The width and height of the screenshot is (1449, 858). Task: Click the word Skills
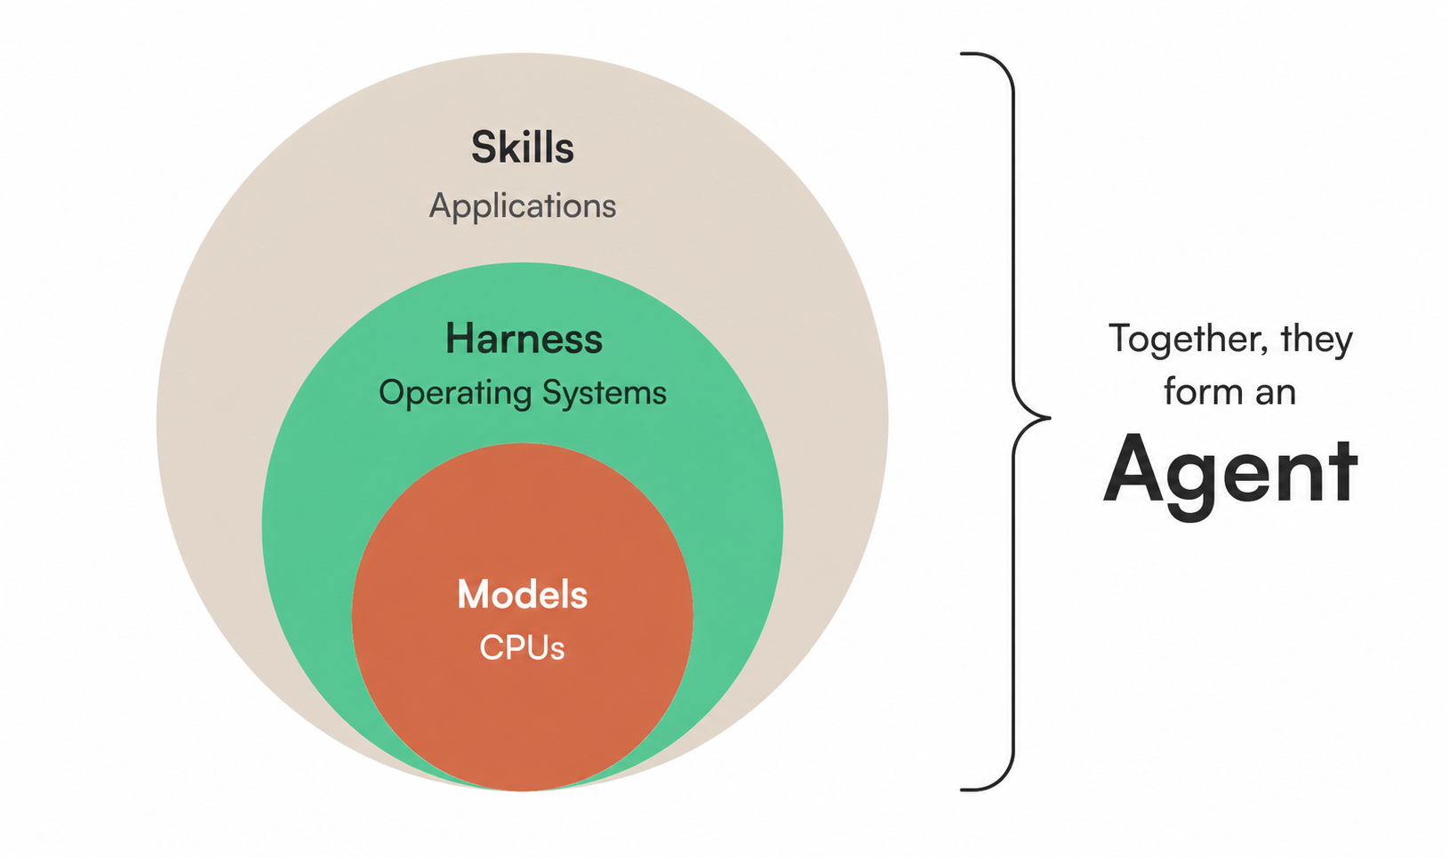[x=522, y=148]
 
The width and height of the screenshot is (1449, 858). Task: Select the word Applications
[x=523, y=206]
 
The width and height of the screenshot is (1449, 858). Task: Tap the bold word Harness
[x=524, y=339]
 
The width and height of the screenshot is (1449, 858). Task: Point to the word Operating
[x=455, y=393]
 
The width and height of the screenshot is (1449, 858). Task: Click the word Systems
[x=604, y=393]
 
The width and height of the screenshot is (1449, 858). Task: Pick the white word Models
[x=522, y=594]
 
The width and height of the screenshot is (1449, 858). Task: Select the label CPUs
[x=522, y=647]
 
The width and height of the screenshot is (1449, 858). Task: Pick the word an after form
[x=1276, y=394]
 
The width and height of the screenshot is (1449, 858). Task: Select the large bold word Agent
[x=1229, y=471]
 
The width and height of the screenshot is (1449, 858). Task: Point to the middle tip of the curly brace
[x=1049, y=418]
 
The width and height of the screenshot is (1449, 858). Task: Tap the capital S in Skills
[x=484, y=148]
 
